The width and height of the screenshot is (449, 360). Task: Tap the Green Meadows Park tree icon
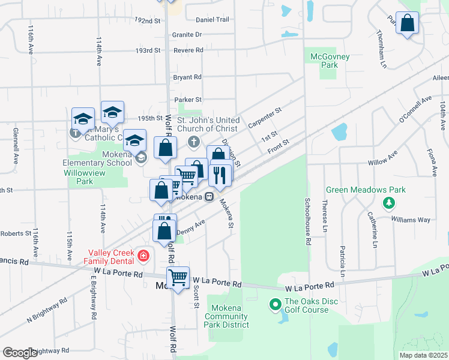tap(390, 203)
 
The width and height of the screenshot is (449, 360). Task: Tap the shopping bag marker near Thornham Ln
tap(407, 24)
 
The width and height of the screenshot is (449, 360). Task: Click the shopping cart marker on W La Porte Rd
tap(178, 278)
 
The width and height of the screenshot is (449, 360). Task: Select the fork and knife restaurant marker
tap(220, 175)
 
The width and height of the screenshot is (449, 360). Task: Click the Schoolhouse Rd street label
tap(307, 221)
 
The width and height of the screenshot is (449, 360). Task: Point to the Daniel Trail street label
tap(212, 20)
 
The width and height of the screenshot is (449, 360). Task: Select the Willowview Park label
tap(79, 181)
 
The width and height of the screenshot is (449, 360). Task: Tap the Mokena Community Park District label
tap(227, 316)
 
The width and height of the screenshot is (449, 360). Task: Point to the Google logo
tap(20, 353)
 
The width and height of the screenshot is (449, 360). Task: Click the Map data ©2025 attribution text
tap(423, 355)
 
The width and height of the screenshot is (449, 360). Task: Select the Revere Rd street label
tap(187, 50)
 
